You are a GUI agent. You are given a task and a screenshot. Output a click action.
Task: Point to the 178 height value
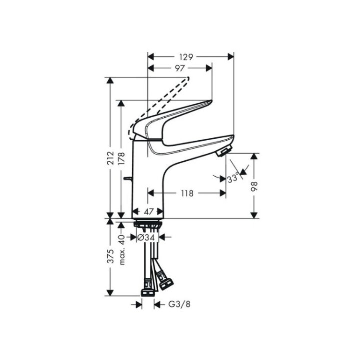coord(122,159)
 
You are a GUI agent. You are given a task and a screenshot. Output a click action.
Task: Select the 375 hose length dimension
coord(111,256)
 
